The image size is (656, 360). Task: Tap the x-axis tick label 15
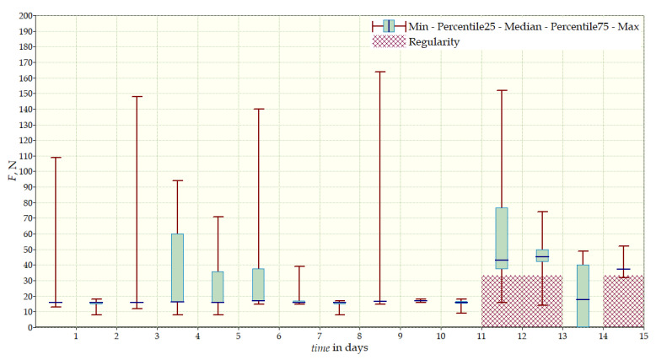pyautogui.click(x=643, y=336)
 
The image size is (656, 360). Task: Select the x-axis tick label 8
pyautogui.click(x=360, y=336)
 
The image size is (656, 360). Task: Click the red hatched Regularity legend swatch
pyautogui.click(x=389, y=41)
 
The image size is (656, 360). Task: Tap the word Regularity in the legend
pyautogui.click(x=434, y=41)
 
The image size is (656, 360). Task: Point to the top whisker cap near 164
pyautogui.click(x=379, y=72)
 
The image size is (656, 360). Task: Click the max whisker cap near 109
pyautogui.click(x=56, y=158)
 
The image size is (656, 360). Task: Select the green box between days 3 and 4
pyautogui.click(x=177, y=267)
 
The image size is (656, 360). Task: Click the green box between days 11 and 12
pyautogui.click(x=502, y=238)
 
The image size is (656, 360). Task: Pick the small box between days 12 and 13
pyautogui.click(x=542, y=255)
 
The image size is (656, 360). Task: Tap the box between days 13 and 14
pyautogui.click(x=583, y=295)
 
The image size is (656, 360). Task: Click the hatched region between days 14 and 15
pyautogui.click(x=623, y=301)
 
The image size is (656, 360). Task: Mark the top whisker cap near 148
pyautogui.click(x=137, y=97)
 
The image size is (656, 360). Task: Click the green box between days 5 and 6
pyautogui.click(x=258, y=284)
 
